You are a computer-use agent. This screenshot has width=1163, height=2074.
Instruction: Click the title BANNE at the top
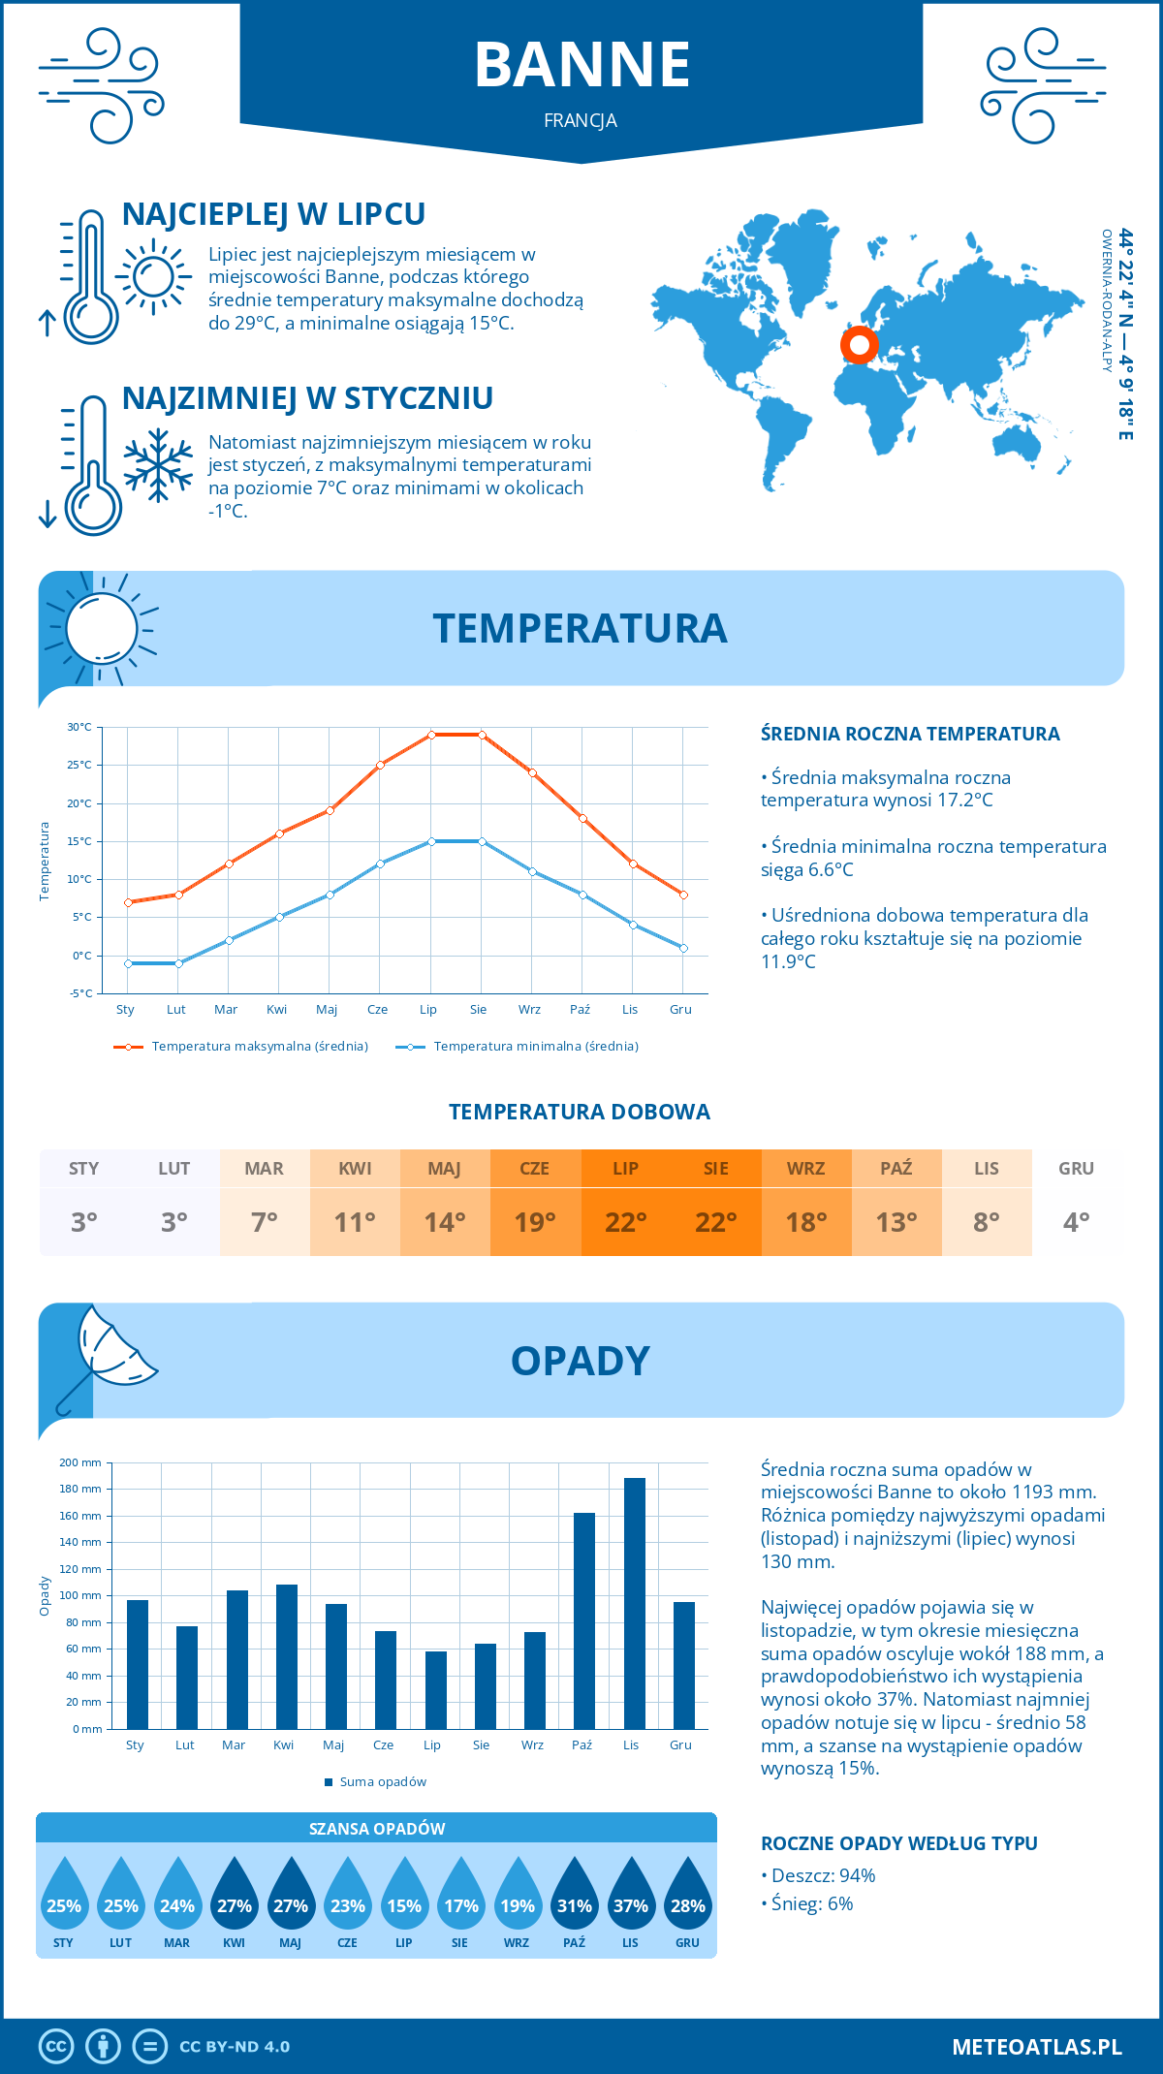tap(581, 65)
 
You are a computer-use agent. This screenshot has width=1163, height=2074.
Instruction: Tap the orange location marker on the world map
tap(859, 344)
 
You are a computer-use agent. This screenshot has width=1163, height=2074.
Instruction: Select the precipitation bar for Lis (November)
tap(634, 1603)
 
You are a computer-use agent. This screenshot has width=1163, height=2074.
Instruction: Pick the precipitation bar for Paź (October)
tap(583, 1620)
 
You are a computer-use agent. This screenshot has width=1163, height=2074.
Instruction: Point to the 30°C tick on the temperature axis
tap(79, 727)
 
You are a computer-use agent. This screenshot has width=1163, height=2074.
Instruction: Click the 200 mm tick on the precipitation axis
tap(81, 1462)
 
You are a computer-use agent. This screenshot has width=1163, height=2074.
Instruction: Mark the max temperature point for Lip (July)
tap(431, 735)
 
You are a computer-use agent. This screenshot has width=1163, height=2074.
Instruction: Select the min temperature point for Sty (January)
tap(128, 963)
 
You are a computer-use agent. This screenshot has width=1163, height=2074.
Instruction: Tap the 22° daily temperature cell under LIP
tap(625, 1222)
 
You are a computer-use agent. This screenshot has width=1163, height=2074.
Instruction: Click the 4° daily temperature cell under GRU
tap(1076, 1222)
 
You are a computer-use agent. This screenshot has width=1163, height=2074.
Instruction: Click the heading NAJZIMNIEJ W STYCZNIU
tap(307, 398)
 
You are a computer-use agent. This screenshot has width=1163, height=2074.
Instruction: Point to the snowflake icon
tap(158, 466)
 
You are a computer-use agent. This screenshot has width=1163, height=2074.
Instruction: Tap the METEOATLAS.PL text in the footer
tap(1036, 2047)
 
